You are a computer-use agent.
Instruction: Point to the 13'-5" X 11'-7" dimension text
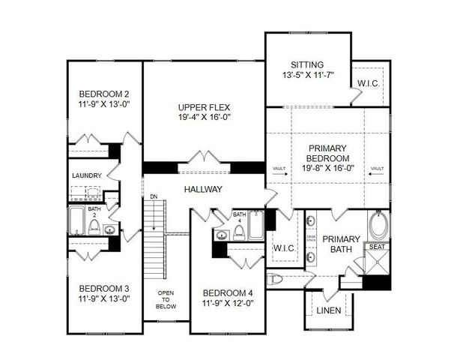[x=306, y=76]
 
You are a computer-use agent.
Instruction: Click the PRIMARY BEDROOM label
[x=329, y=154]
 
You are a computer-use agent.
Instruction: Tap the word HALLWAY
[x=203, y=190]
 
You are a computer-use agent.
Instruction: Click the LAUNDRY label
[x=86, y=176]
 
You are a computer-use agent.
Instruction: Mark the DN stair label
[x=154, y=197]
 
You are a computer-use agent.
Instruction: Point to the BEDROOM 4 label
[x=227, y=293]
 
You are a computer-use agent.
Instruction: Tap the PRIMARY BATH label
[x=347, y=244]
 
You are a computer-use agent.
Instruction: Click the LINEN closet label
[x=328, y=310]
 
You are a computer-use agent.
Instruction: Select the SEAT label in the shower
[x=378, y=247]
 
